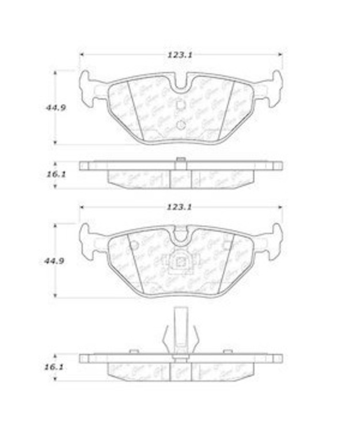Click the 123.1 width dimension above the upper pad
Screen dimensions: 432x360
(x=180, y=55)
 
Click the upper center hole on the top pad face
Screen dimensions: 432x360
(x=180, y=105)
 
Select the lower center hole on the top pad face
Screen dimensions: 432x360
(x=180, y=124)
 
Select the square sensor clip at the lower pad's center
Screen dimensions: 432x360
(x=180, y=263)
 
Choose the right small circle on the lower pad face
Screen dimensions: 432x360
(x=227, y=245)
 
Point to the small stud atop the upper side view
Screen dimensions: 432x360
(x=180, y=159)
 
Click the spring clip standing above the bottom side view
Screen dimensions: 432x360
(x=180, y=334)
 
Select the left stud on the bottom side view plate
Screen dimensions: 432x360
(x=134, y=351)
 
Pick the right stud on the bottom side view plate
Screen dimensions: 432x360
(x=228, y=351)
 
